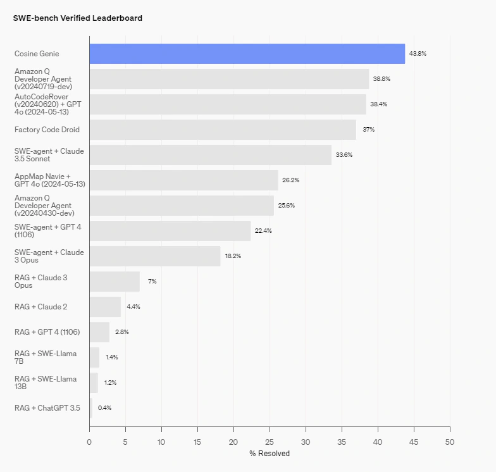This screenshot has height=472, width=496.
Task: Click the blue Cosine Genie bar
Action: click(x=247, y=54)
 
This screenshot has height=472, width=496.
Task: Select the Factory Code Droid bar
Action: click(x=223, y=130)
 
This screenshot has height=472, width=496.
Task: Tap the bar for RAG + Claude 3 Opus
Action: click(x=115, y=282)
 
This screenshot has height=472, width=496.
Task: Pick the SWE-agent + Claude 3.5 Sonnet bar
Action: click(x=210, y=155)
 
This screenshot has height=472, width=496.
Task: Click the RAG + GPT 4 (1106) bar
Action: click(x=99, y=332)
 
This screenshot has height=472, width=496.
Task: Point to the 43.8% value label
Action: click(x=418, y=54)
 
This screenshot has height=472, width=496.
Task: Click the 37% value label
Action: click(x=368, y=130)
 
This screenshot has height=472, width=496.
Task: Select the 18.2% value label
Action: click(x=233, y=256)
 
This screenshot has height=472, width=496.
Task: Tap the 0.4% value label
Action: click(x=104, y=408)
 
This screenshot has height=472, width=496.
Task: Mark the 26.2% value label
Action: click(x=290, y=180)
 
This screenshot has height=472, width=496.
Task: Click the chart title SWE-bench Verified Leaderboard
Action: click(x=77, y=18)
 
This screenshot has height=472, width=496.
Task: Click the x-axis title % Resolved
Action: click(x=270, y=454)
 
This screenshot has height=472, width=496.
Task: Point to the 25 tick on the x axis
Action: click(x=270, y=442)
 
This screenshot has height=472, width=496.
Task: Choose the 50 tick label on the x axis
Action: click(x=450, y=442)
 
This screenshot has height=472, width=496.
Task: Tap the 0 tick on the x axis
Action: click(x=89, y=442)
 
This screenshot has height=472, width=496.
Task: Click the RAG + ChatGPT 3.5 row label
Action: click(x=47, y=408)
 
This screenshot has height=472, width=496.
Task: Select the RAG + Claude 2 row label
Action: click(x=41, y=307)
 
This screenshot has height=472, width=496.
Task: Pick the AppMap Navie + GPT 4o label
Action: click(x=50, y=180)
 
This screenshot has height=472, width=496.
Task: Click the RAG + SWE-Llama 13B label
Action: click(x=46, y=383)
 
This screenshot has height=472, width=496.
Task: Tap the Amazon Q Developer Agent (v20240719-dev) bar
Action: click(x=229, y=79)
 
